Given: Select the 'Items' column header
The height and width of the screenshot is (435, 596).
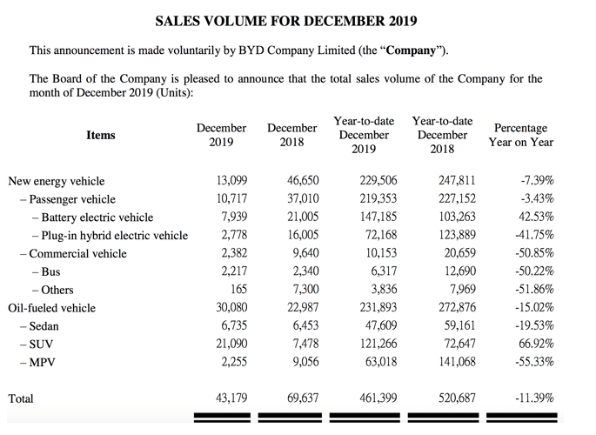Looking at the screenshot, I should (x=101, y=135).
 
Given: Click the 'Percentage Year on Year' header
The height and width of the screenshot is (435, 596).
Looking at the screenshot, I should (x=520, y=135).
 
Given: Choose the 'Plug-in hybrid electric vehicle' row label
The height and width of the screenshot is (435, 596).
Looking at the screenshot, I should (x=109, y=235).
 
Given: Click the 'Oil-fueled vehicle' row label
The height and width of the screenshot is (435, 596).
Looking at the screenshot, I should (x=51, y=307).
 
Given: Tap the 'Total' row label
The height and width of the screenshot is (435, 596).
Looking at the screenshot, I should (x=21, y=398).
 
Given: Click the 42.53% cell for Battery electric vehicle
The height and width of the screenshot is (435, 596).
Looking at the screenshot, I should (x=534, y=217).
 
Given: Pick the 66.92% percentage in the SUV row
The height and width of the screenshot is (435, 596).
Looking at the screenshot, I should (x=534, y=343).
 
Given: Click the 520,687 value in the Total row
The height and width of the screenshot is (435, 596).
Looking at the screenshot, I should (x=453, y=398).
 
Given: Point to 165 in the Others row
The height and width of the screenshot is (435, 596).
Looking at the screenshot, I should (x=238, y=289).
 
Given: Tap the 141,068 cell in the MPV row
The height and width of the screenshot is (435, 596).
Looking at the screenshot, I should (x=453, y=361).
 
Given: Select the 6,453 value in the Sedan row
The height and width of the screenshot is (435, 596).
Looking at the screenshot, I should (x=304, y=325).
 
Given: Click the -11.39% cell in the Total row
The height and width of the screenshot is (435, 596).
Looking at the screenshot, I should (x=532, y=398).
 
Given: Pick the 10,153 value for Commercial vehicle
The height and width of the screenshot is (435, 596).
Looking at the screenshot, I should (x=378, y=253).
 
